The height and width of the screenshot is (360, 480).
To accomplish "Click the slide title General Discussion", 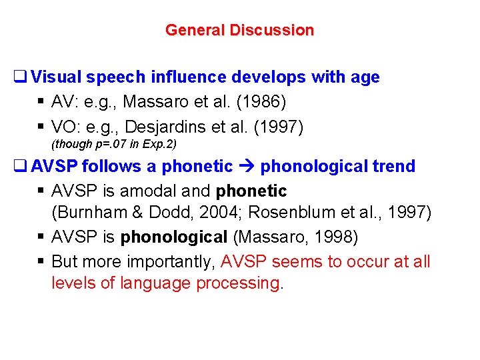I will tap(239, 30).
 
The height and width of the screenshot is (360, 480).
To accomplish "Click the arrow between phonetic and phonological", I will tap(247, 167).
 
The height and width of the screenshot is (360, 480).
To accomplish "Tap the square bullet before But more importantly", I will tap(41, 261).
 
